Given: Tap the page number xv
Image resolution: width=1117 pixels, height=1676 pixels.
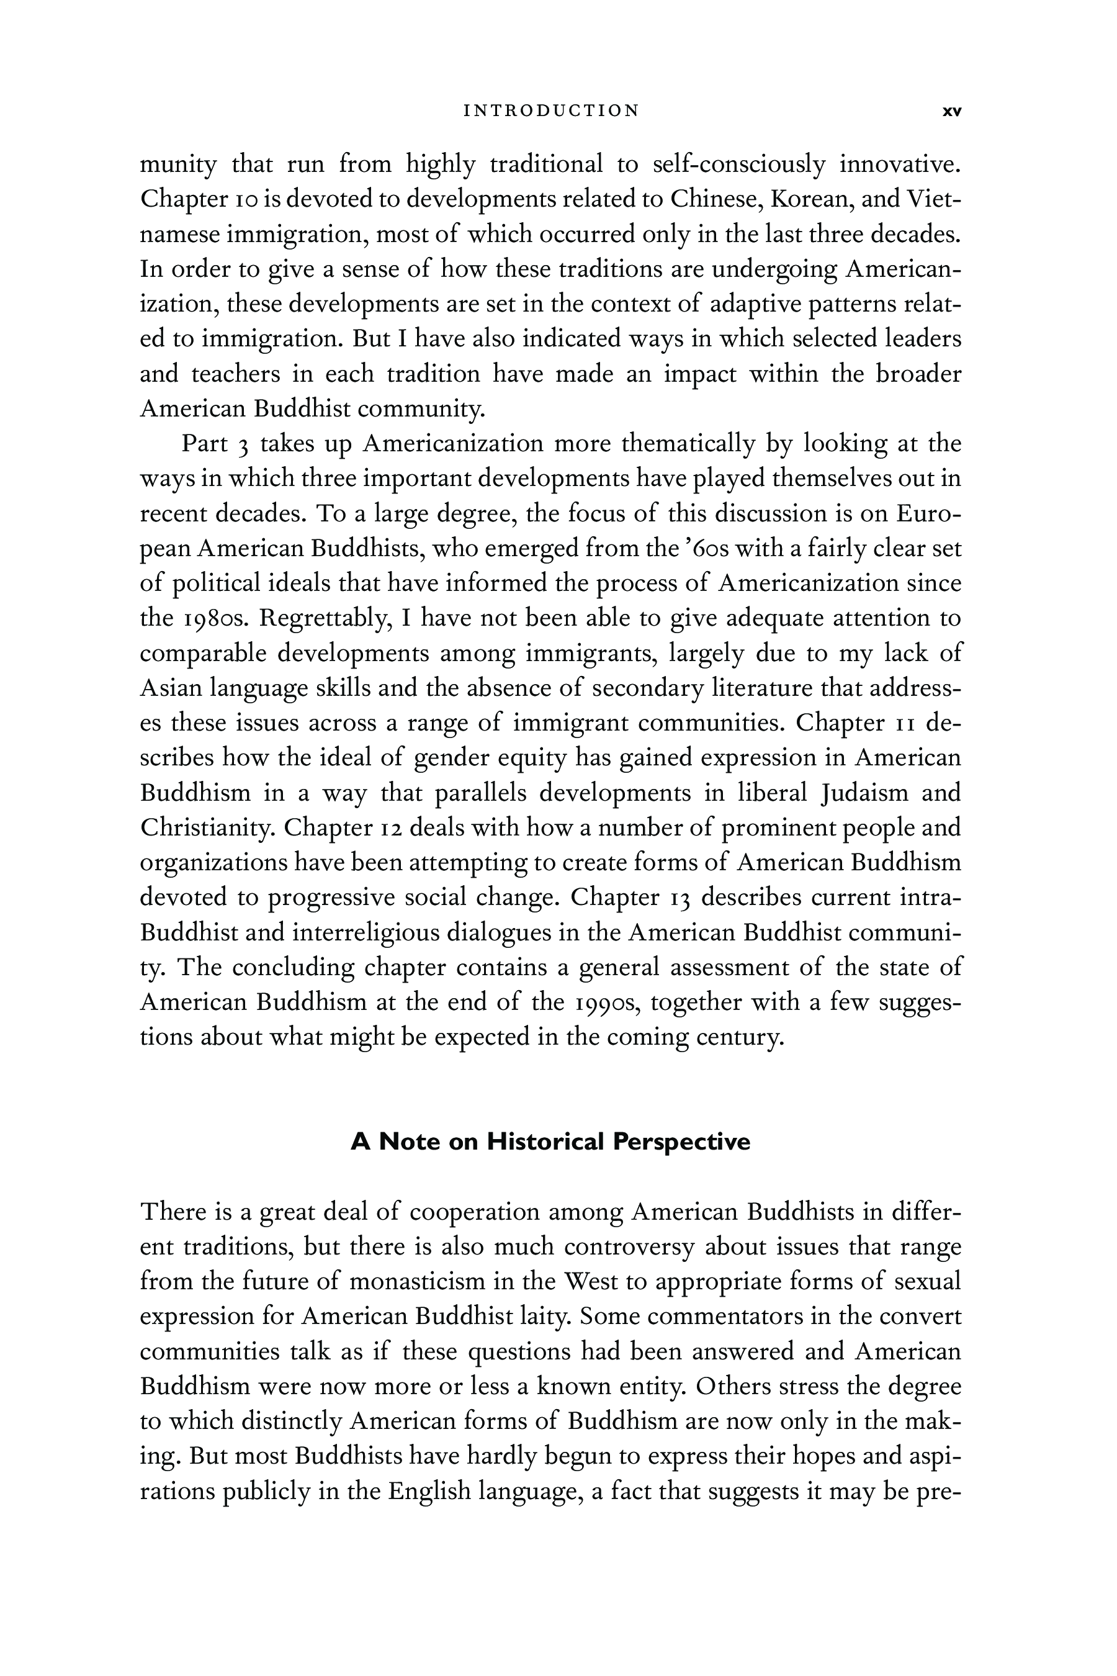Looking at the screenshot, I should point(952,111).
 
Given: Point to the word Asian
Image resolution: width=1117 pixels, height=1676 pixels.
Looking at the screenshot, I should point(168,688).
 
